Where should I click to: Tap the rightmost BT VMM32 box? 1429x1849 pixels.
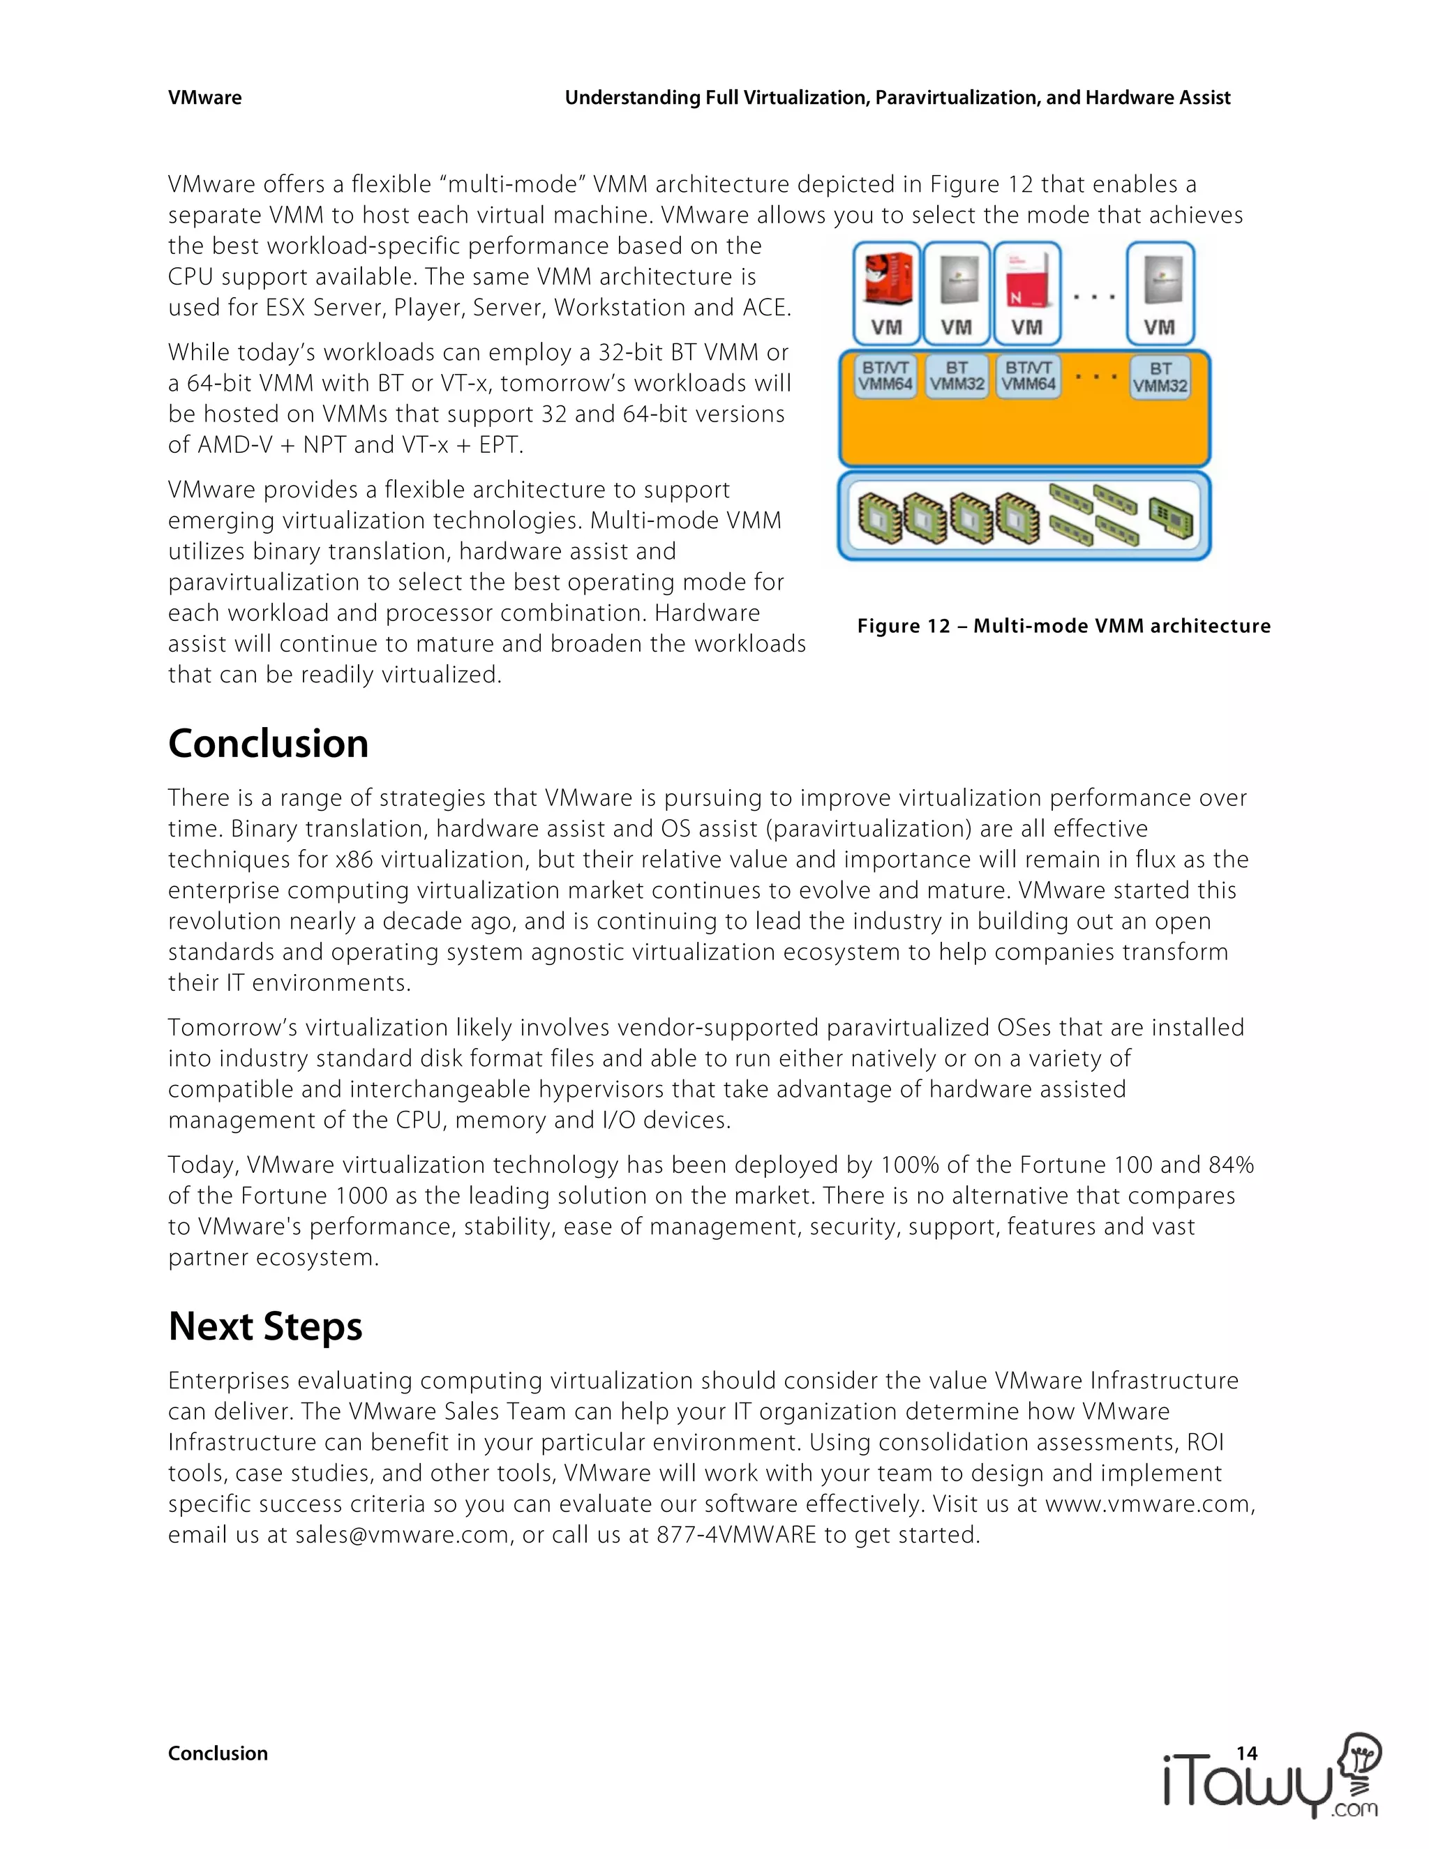pos(1160,377)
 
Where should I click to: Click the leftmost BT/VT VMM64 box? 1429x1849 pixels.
pos(885,376)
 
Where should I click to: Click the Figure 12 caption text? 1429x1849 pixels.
pos(1063,626)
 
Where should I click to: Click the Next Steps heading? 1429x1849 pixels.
pos(265,1326)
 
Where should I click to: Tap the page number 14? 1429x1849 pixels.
pos(1246,1753)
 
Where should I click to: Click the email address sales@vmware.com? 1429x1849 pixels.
pos(401,1535)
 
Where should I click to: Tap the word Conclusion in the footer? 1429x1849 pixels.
pos(218,1753)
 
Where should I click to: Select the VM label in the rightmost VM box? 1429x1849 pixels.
pos(1159,327)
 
